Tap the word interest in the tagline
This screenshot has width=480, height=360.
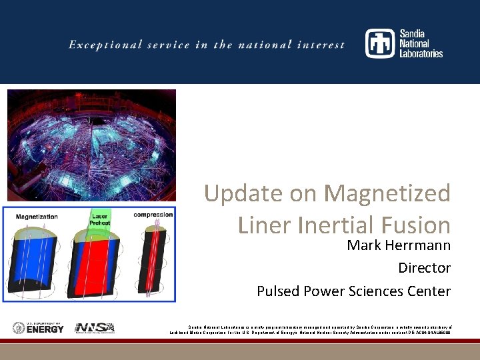(323, 45)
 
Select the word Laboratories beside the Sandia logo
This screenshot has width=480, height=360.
(421, 54)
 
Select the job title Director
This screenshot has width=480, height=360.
(424, 268)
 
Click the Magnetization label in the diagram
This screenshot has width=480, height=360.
(37, 217)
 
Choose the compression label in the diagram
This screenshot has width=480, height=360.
(153, 215)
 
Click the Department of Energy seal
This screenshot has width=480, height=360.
(19, 328)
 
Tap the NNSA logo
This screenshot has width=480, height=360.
(95, 328)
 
